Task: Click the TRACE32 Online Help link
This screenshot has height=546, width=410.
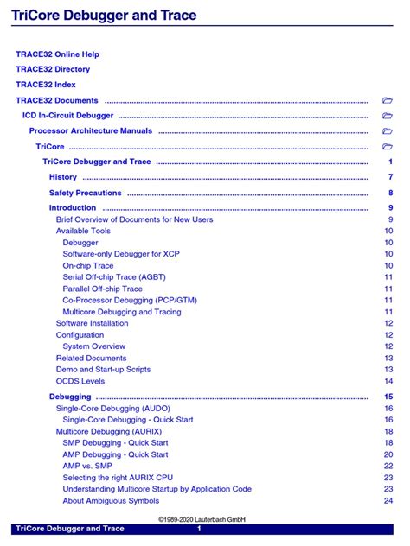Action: pos(57,54)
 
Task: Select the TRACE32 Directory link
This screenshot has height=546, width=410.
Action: pos(53,69)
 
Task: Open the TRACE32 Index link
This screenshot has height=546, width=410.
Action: pos(46,85)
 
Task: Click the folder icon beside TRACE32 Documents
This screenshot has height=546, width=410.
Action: pos(388,101)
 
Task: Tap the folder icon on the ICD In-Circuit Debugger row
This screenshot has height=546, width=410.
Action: pos(388,116)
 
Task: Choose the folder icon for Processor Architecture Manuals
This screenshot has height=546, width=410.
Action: pos(388,131)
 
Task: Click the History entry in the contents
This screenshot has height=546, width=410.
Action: pos(63,177)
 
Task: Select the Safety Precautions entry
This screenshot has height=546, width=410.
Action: pos(86,193)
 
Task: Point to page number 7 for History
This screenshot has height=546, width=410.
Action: pos(391,177)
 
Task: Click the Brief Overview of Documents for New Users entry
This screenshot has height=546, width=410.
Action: pos(134,219)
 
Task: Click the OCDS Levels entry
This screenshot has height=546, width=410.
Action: pos(80,381)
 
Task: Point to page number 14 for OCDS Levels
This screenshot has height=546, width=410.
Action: pos(389,381)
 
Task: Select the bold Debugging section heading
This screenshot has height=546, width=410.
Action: pos(70,397)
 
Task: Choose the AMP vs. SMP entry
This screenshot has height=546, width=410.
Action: pos(88,466)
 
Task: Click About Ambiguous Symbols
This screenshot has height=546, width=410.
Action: pos(111,500)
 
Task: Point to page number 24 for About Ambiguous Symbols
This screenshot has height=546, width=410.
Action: pos(389,500)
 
